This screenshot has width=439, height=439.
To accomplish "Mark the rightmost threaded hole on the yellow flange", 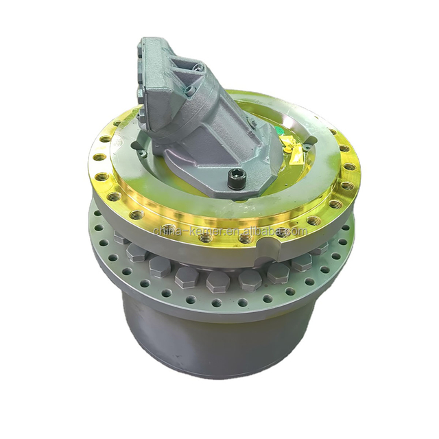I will (350, 170).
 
